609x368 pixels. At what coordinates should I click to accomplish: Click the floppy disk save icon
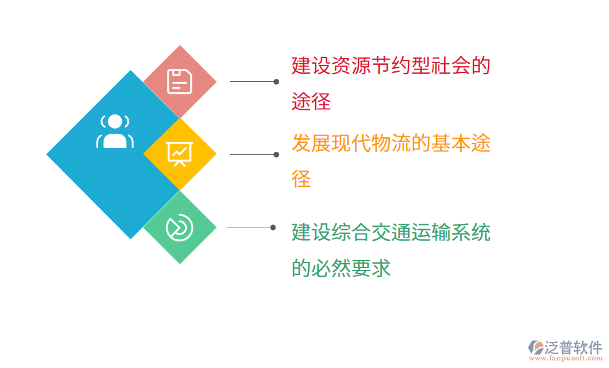pos(179,82)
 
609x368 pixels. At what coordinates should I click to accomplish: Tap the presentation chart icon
pos(179,154)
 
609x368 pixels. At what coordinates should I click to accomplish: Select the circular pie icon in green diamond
pos(179,227)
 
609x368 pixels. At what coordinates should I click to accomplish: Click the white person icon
pos(115,131)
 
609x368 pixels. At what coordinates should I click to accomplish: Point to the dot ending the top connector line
pos(276,82)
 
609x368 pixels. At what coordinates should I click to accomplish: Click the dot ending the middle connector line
pos(276,155)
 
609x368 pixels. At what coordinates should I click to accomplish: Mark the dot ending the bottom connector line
pos(273,227)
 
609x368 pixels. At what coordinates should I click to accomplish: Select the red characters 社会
pos(451,65)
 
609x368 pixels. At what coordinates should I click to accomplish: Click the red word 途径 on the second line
pos(311,101)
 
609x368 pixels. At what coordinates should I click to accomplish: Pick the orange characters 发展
pos(311,143)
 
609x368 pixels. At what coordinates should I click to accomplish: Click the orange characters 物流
pos(391,143)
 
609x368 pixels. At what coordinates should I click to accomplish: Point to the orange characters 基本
pos(451,143)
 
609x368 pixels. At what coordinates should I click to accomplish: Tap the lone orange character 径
pos(302,179)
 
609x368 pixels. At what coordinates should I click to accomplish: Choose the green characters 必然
pos(331,268)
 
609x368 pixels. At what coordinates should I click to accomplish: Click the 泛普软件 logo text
pos(573,347)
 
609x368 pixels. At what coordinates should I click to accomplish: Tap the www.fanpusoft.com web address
pos(565,358)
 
